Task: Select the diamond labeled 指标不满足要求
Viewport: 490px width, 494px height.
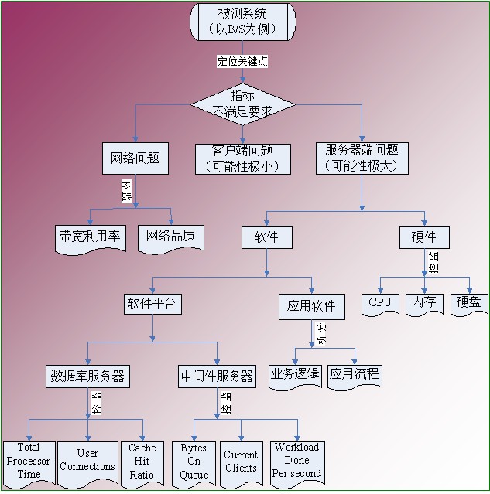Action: coord(243,104)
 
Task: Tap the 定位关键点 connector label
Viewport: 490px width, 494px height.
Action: coord(242,61)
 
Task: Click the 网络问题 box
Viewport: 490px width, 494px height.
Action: coord(135,158)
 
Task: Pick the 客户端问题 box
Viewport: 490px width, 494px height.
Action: coord(242,158)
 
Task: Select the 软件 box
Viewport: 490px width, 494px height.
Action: coord(266,237)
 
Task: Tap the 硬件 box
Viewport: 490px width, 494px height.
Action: coord(423,237)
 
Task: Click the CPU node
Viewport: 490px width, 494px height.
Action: coord(380,303)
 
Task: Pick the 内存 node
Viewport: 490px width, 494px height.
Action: coord(423,303)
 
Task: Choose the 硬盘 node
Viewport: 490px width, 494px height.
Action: coord(468,303)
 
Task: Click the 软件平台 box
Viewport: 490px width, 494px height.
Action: coord(152,304)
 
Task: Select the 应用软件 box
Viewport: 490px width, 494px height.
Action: coord(311,306)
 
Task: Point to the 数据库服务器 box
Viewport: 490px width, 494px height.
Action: coord(87,376)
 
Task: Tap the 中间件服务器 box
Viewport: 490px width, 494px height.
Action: coord(217,376)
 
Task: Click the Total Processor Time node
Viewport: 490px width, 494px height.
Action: coord(29,462)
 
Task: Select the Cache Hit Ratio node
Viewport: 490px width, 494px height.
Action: coord(142,462)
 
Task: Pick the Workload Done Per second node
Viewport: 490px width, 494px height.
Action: coord(296,462)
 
